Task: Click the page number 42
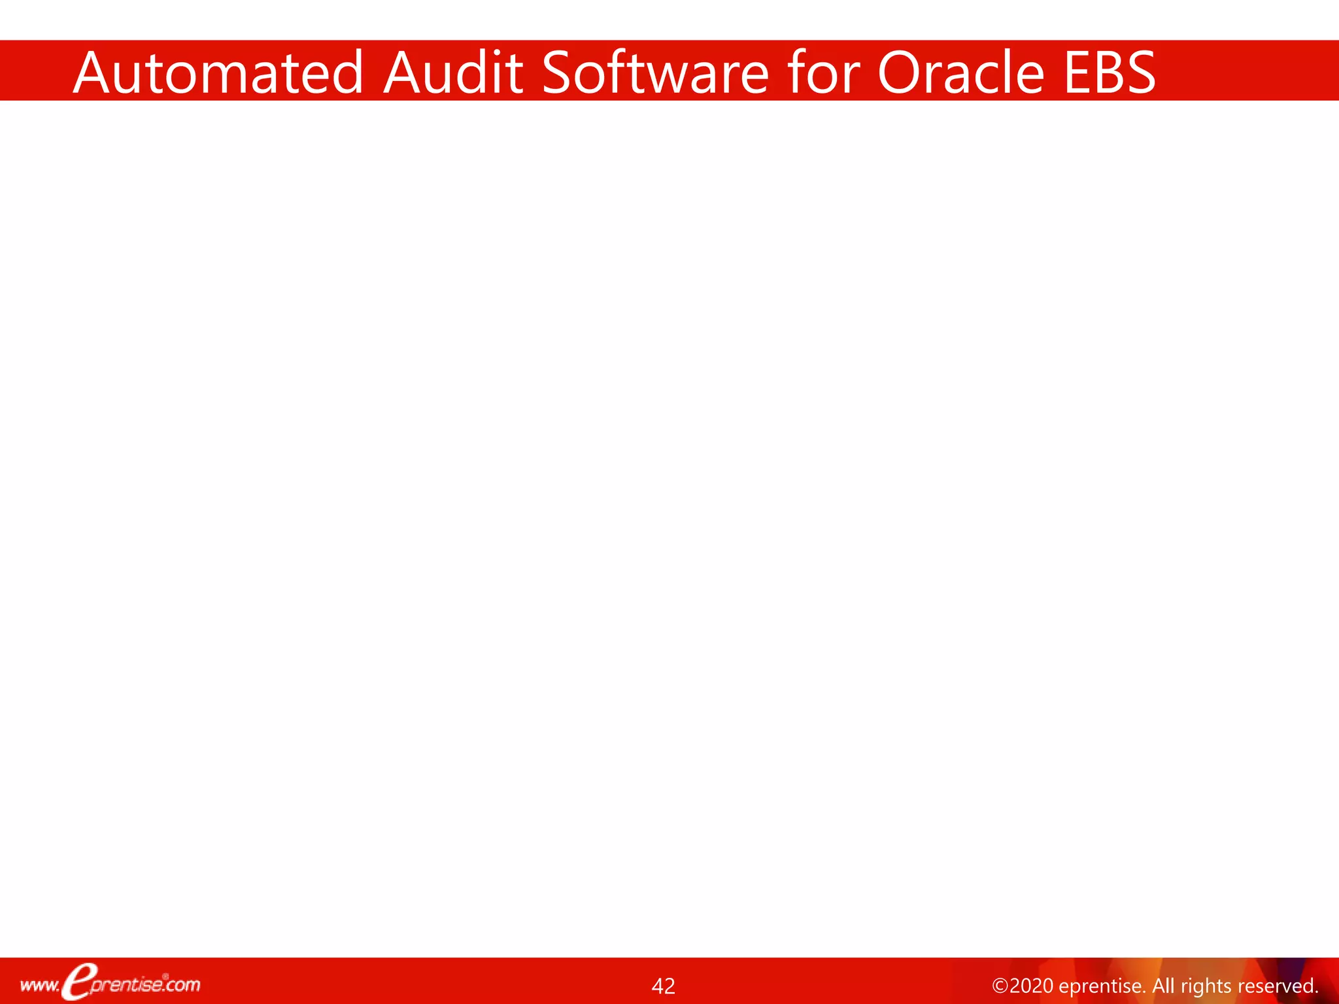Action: point(663,986)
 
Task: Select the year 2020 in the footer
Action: point(1030,986)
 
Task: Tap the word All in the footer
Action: point(1163,986)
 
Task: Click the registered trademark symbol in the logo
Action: point(165,977)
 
